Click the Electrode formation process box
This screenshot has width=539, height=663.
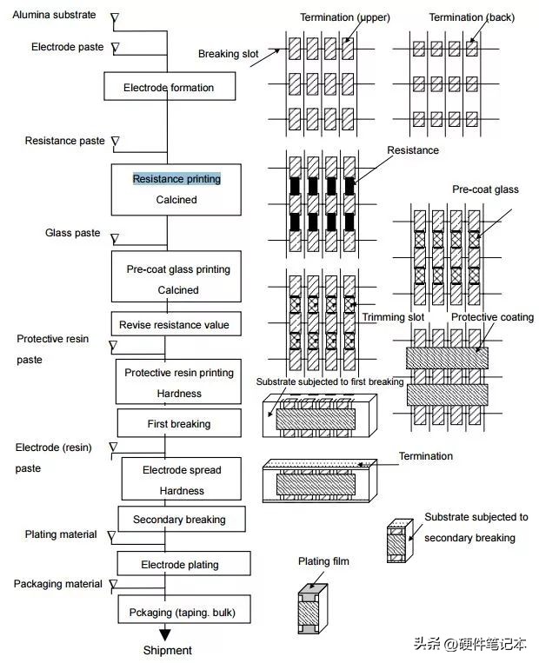pos(168,88)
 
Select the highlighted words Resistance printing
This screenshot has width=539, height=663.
pos(176,179)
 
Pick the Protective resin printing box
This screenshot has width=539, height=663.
pos(178,382)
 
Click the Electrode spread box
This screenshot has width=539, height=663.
pos(182,480)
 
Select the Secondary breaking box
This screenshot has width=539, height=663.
pos(179,520)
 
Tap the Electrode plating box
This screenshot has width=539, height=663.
pos(180,565)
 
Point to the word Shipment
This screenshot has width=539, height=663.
pos(167,650)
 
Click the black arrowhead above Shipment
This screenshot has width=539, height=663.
pos(165,635)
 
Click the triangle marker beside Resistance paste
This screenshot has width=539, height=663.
pos(115,141)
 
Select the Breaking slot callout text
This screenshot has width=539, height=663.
pos(229,54)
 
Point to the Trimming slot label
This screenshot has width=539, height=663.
pos(393,317)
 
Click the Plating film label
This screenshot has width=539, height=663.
pos(323,561)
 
